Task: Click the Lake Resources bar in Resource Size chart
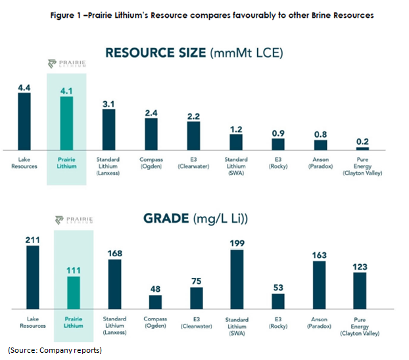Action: (x=24, y=122)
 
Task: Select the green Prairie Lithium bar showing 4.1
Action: (x=66, y=124)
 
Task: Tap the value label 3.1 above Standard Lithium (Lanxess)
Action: (x=108, y=102)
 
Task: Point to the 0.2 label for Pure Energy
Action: (x=362, y=141)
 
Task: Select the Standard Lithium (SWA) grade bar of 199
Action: (x=235, y=279)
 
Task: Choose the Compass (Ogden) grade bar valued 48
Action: (x=155, y=302)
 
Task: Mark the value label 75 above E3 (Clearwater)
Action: (x=196, y=281)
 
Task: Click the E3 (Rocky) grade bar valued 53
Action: (x=278, y=301)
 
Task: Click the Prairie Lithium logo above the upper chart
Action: (x=66, y=64)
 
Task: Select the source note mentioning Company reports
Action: (x=55, y=350)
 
